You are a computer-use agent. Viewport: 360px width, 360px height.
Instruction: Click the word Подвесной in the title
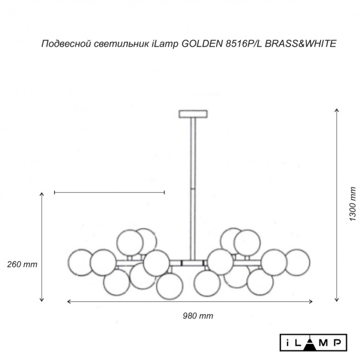point(65,44)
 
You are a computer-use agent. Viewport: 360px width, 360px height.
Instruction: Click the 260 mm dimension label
point(22,264)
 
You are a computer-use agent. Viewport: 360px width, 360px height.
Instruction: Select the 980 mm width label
point(198,316)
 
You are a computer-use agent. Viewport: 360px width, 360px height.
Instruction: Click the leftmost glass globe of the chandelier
point(81,262)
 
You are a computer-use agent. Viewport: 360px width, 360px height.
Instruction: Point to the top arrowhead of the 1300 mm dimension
point(336,111)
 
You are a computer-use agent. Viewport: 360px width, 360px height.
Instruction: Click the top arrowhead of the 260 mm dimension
point(42,194)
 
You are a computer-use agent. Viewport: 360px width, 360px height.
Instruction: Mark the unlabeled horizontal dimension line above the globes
point(109,193)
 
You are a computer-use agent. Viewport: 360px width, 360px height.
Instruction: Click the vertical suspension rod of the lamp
point(193,185)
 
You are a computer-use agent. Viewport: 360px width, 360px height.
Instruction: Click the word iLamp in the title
point(164,44)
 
